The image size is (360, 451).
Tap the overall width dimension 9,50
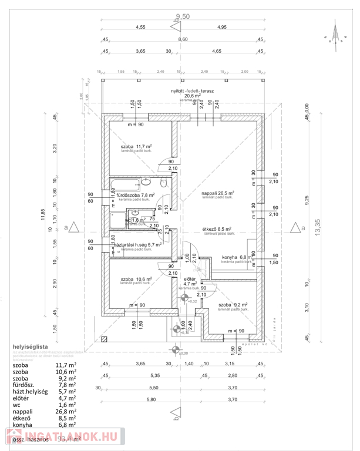tap(183, 17)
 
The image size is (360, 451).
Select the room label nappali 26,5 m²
tap(218, 193)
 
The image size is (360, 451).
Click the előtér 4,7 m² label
tap(190, 281)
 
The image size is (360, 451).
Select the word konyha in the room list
tap(24, 423)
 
